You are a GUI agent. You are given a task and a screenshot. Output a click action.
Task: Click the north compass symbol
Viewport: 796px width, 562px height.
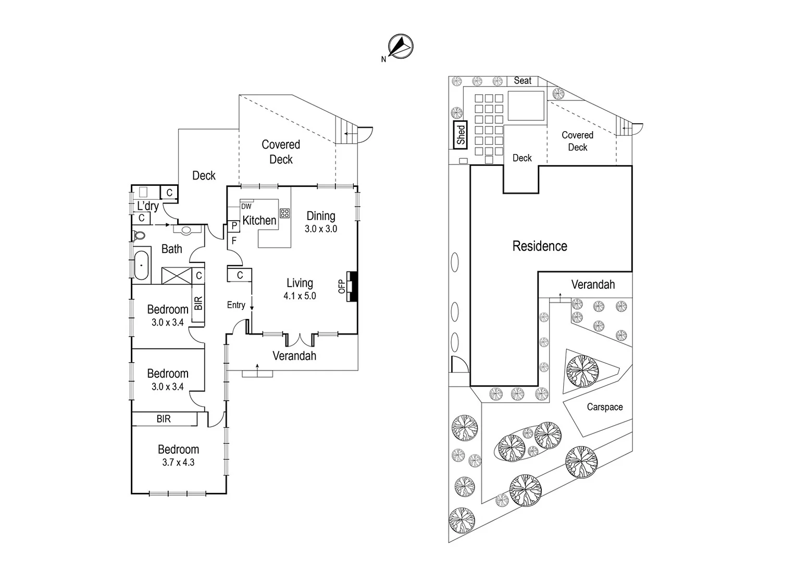(401, 46)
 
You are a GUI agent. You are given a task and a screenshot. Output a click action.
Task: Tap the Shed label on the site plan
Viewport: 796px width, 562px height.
(461, 134)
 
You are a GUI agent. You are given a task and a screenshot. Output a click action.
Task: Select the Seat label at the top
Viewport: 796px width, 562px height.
(523, 81)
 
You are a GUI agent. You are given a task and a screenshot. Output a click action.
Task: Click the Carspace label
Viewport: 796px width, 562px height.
(604, 407)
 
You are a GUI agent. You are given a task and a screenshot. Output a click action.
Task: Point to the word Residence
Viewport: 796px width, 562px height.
(540, 246)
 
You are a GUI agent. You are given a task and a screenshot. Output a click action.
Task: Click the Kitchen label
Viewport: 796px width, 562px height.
(259, 221)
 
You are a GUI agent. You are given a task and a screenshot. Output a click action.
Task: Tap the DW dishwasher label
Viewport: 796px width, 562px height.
(246, 207)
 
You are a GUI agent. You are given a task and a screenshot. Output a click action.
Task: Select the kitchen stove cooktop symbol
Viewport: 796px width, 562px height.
(284, 213)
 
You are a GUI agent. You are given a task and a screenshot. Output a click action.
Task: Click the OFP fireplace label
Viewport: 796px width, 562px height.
(342, 286)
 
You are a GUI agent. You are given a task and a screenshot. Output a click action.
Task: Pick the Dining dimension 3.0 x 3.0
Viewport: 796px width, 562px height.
(320, 229)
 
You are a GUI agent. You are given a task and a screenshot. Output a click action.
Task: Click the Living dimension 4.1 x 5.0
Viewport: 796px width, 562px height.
(300, 296)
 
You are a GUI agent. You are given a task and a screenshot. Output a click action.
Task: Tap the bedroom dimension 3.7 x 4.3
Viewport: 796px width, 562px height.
(178, 463)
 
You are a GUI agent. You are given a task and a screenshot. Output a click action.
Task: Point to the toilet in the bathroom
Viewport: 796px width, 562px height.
(139, 235)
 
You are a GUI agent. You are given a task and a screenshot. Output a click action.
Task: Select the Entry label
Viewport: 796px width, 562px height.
(236, 305)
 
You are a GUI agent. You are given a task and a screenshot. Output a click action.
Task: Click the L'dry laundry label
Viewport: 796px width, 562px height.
(148, 206)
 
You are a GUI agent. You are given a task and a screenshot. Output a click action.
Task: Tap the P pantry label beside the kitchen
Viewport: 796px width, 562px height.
(234, 226)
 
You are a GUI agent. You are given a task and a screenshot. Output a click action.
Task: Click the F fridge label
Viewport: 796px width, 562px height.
(234, 240)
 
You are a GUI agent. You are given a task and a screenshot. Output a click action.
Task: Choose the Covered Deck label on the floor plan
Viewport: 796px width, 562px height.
(281, 152)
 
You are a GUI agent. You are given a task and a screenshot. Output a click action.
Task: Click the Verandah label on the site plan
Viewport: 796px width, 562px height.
(593, 285)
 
